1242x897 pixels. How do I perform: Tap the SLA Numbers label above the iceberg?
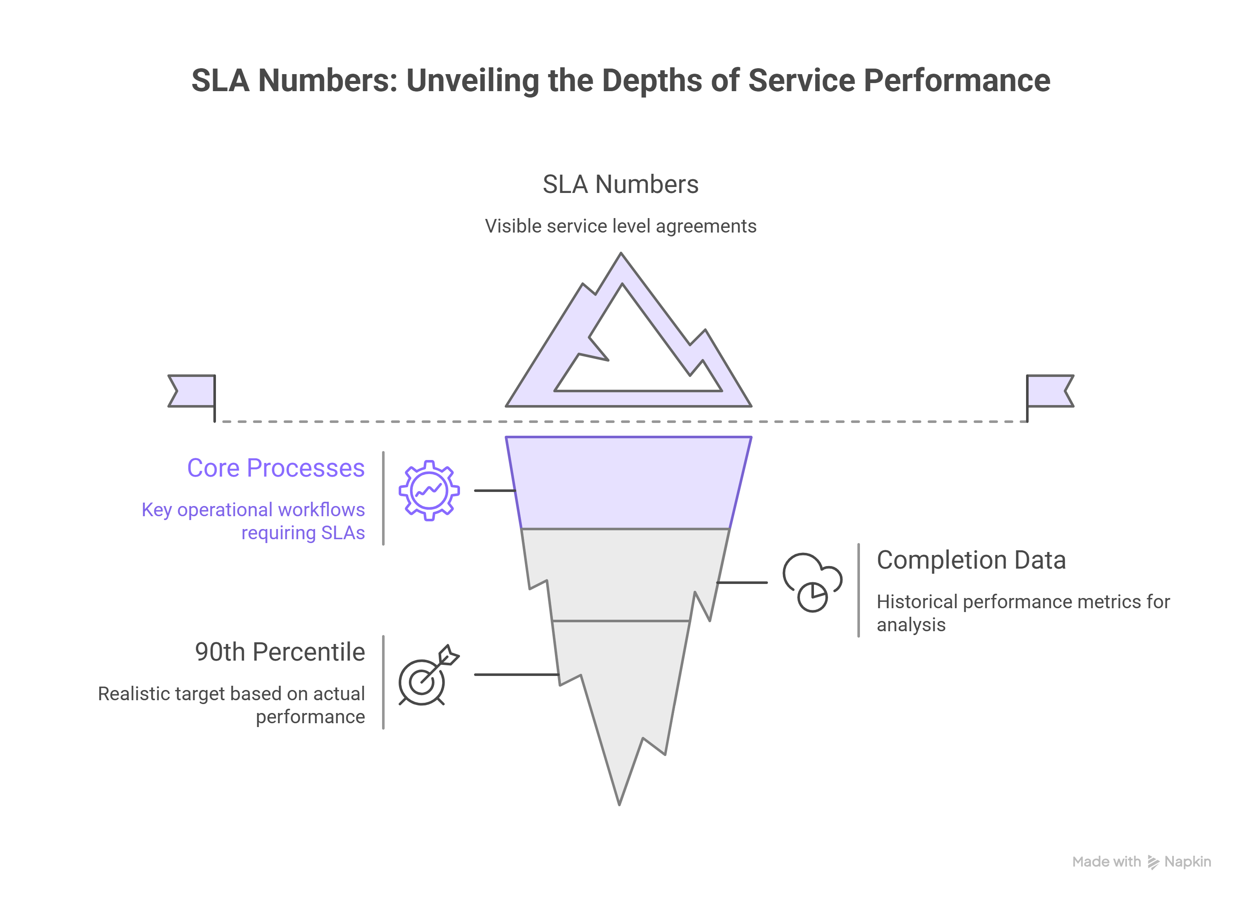(621, 184)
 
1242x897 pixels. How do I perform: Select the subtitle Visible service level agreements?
(621, 226)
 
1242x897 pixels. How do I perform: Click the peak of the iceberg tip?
(621, 257)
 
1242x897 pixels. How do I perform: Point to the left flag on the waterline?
(192, 391)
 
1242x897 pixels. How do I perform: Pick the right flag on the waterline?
(1049, 391)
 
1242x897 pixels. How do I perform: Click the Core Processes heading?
(276, 468)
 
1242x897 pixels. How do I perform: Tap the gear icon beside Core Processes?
(429, 491)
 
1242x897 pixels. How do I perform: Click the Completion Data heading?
(971, 560)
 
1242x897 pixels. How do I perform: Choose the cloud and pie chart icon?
(812, 582)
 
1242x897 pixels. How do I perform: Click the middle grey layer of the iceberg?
(624, 575)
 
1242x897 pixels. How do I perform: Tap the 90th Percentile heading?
(279, 652)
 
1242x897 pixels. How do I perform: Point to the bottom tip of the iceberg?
(619, 801)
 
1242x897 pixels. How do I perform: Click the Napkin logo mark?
(1153, 862)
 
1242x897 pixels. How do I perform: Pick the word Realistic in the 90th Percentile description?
(133, 694)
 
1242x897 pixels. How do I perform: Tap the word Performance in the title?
(957, 81)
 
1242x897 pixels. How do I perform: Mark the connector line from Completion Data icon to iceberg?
(742, 583)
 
